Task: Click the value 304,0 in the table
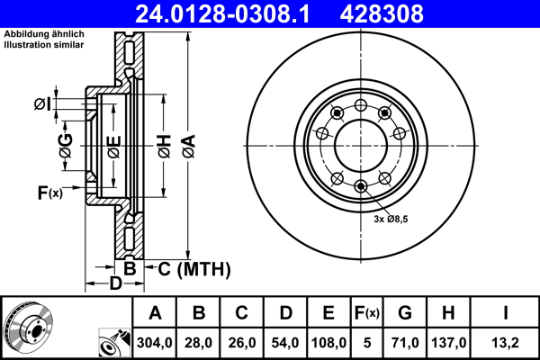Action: pos(155,343)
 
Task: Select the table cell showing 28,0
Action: pos(199,343)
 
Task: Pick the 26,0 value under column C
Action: pos(242,343)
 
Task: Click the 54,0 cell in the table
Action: pos(285,343)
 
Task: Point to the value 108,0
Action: pos(328,343)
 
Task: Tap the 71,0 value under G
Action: pos(405,343)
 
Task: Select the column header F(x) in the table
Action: pos(366,313)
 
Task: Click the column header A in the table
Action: pos(155,313)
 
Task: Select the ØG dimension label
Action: pos(66,145)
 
